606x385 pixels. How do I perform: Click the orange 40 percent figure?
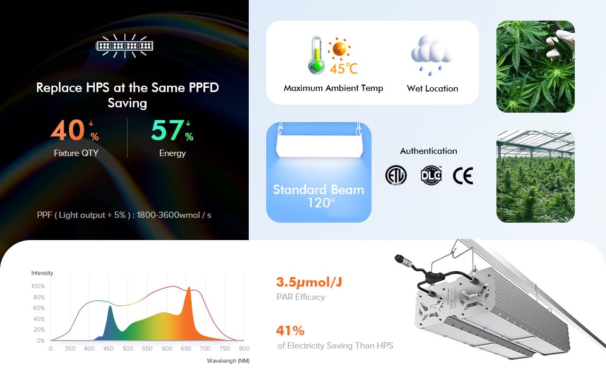point(75,130)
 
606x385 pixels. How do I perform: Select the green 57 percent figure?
point(172,130)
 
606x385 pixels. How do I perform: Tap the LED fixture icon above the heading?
point(124,46)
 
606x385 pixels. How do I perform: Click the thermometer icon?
point(316,55)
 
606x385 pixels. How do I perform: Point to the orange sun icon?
point(339,49)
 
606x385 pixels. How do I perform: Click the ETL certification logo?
point(396,176)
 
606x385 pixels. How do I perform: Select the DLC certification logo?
point(431,176)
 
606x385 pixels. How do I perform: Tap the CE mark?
point(463,176)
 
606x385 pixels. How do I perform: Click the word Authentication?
point(428,151)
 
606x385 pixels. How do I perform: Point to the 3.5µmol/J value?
point(309,282)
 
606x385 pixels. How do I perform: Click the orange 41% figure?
point(290,331)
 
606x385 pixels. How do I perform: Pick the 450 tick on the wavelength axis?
point(108,349)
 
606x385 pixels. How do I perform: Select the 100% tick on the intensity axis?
point(38,286)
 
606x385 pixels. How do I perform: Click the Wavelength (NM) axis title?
point(228,361)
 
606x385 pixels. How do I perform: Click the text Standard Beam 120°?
point(319,196)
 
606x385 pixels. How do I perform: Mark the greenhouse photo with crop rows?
point(535,177)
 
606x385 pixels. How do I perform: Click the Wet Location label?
point(432,88)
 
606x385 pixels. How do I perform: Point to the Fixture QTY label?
point(76,153)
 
